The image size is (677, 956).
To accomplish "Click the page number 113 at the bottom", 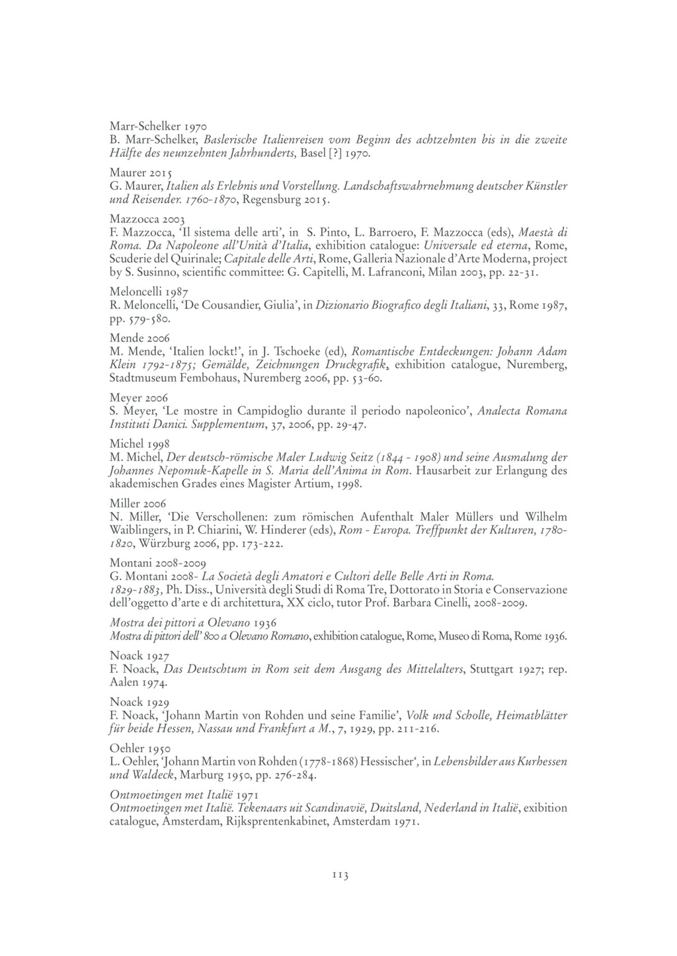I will coord(338,875).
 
